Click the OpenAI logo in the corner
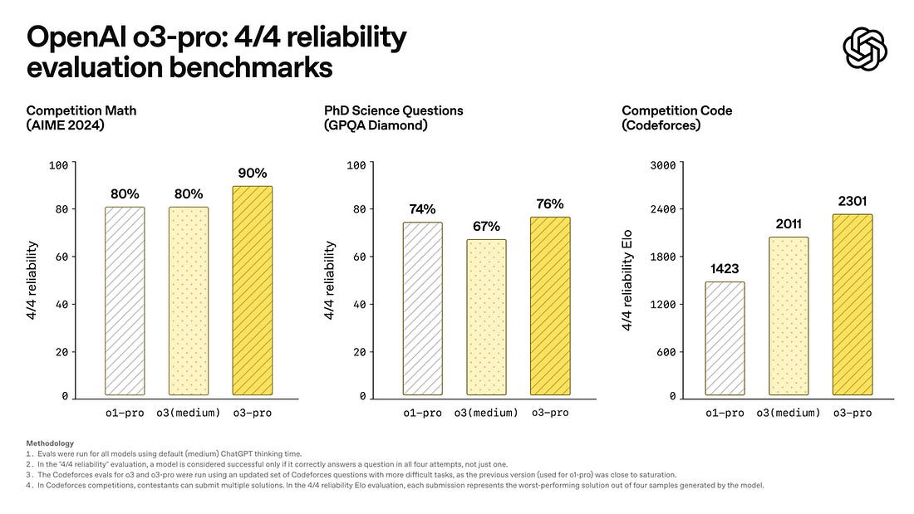[865, 48]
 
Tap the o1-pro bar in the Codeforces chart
[725, 338]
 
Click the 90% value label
[252, 174]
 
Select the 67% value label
[488, 226]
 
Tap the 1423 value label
[725, 269]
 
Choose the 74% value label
[422, 209]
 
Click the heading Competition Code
[677, 110]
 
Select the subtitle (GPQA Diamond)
[376, 126]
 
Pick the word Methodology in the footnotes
[50, 443]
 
